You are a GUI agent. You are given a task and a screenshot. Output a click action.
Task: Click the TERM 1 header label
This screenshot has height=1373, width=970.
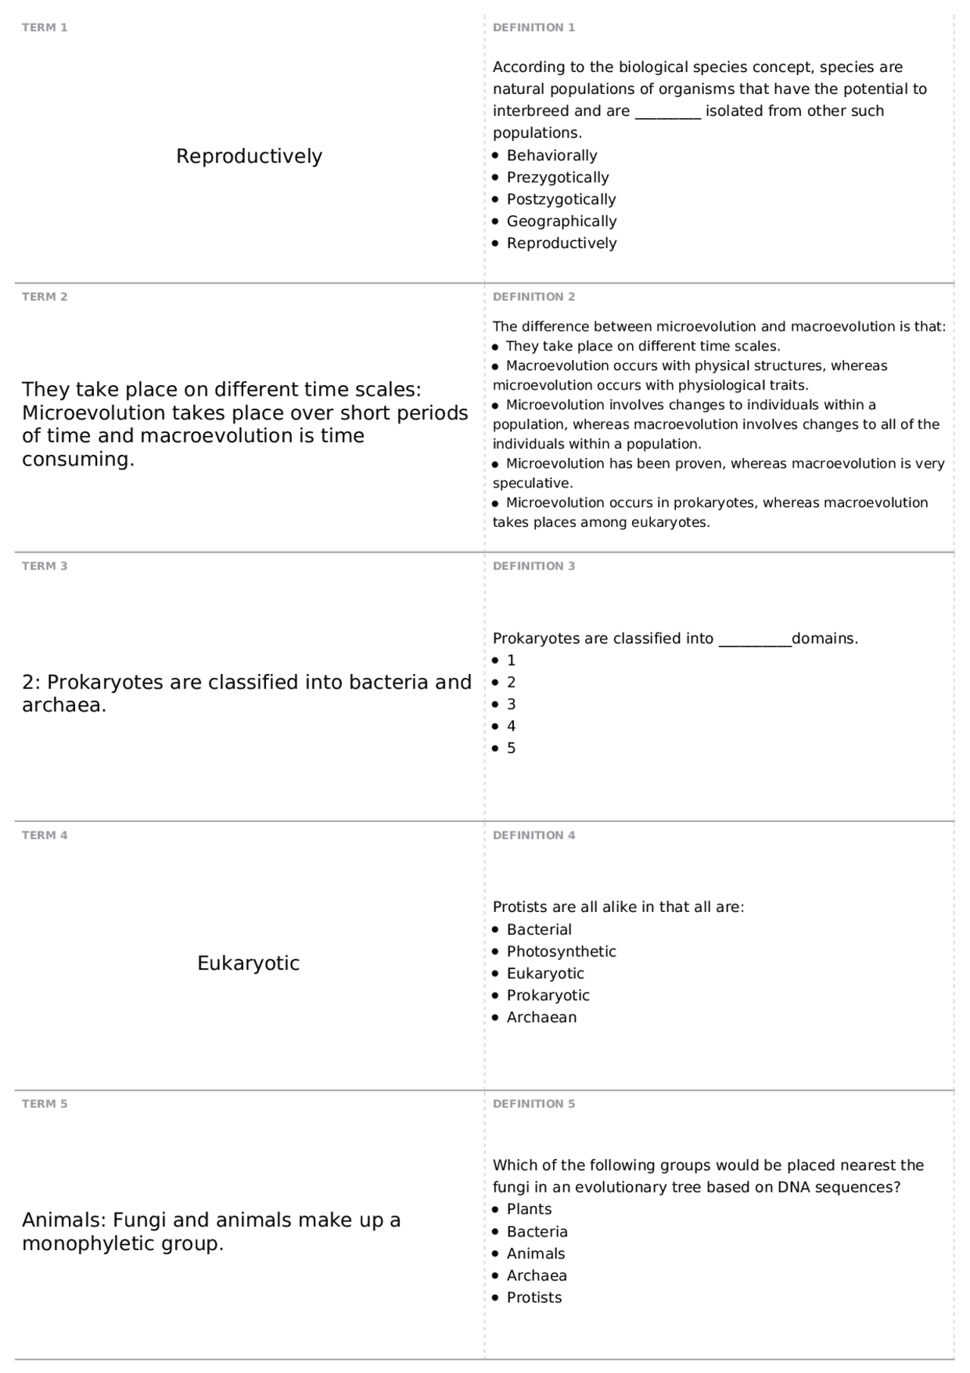(44, 28)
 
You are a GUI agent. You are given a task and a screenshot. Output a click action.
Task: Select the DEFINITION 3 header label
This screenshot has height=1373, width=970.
(533, 566)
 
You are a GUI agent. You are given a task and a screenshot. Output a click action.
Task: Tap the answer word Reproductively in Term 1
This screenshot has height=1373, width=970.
(249, 156)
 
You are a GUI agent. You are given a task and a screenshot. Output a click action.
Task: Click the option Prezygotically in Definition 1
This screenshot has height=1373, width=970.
(557, 177)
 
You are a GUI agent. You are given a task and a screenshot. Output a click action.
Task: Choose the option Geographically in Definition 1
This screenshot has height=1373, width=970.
(561, 221)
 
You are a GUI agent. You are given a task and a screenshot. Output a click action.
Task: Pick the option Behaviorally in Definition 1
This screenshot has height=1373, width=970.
(552, 155)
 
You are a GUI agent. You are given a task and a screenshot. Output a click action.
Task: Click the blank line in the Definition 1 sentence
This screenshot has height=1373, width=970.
(667, 112)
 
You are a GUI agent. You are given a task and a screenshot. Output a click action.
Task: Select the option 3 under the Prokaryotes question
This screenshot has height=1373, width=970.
(511, 704)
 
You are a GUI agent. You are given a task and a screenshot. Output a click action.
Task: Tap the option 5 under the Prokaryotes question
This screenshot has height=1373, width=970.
(511, 748)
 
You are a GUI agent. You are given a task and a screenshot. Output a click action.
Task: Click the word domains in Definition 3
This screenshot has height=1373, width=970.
(824, 638)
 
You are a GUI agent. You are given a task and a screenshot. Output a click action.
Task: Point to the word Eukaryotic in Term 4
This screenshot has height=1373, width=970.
(249, 964)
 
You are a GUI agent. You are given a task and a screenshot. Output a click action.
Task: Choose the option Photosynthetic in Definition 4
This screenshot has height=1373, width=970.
(561, 951)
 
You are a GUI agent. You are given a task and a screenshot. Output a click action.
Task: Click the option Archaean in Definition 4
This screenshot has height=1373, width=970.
(541, 1017)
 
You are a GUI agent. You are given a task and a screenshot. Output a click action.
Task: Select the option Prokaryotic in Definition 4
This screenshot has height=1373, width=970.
(547, 995)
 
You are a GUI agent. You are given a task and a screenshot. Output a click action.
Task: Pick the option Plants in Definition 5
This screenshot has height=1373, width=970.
(529, 1209)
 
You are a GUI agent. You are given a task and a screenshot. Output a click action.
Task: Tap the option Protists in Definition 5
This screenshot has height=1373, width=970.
(533, 1297)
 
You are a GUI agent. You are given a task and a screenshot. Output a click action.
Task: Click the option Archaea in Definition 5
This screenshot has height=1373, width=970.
(537, 1275)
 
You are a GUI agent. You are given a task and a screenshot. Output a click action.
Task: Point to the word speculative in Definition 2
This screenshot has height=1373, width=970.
(531, 483)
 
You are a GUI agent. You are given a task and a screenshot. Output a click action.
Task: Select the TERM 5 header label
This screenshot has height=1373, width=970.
(44, 1104)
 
